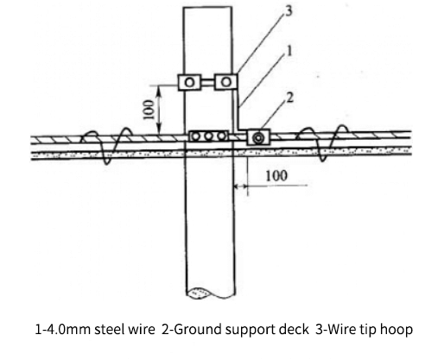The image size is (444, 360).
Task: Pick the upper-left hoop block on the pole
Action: pos(189,82)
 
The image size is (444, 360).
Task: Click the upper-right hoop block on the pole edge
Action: pos(225,82)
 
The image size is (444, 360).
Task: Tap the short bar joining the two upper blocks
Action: pos(207,82)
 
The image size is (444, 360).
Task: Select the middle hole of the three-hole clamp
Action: pos(208,136)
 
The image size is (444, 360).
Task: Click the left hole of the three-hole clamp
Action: pos(196,136)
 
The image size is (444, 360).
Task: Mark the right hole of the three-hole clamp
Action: pos(221,136)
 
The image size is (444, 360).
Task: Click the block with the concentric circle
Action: pos(257,137)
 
